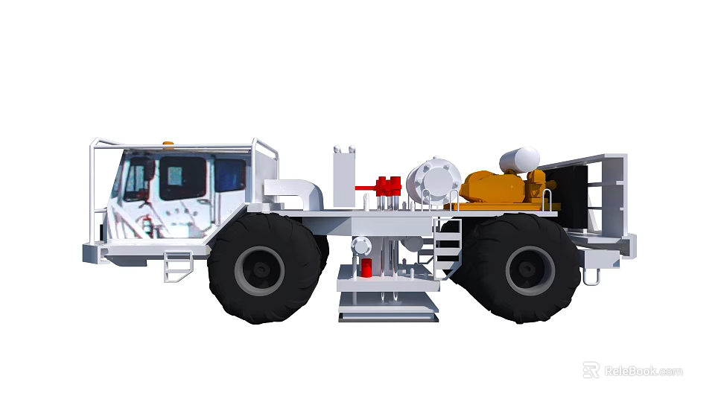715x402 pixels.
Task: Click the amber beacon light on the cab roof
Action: coord(169,142)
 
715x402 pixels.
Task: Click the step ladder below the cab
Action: coord(177,265)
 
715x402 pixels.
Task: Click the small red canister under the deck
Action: coord(366,268)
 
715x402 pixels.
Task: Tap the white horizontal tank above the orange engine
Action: coord(519,159)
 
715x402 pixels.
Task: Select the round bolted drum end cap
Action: coord(435,178)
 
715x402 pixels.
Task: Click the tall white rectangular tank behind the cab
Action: coord(343,177)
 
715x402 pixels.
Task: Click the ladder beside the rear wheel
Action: coord(447,245)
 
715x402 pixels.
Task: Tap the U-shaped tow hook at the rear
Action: coord(591,275)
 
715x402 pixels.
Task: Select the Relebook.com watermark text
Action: coord(643,371)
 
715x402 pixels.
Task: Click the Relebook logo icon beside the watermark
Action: coord(591,370)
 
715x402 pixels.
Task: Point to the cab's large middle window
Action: coord(182,178)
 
